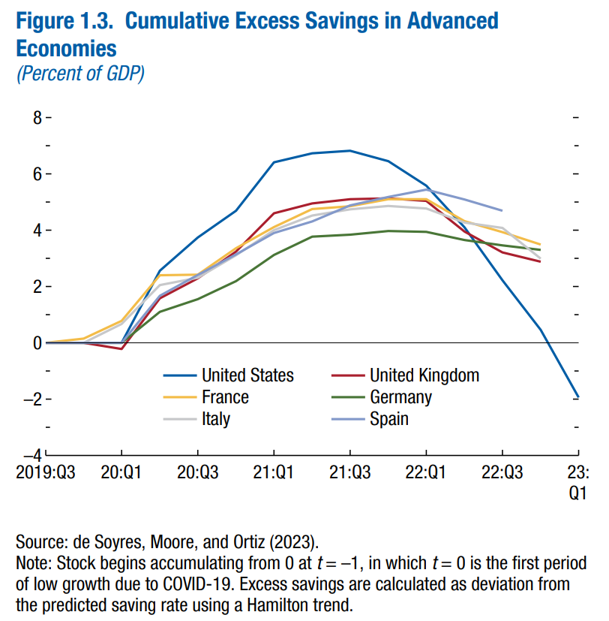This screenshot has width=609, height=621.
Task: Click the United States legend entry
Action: coord(247,375)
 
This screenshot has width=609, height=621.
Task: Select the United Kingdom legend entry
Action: coord(424,375)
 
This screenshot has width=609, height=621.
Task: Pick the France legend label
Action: coord(225,396)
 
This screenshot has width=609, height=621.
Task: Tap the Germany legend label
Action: coord(400,396)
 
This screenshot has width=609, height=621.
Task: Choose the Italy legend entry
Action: coord(215,418)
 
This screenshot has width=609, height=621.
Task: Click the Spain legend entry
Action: coord(388,418)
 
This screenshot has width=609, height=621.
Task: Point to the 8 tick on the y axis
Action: coord(35,118)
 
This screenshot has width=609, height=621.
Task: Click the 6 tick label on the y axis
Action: coord(35,174)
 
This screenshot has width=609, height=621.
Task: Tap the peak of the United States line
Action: coord(349,151)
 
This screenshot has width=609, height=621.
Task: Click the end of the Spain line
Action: coord(501,210)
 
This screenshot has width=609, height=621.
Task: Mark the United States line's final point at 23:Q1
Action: coord(577,396)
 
